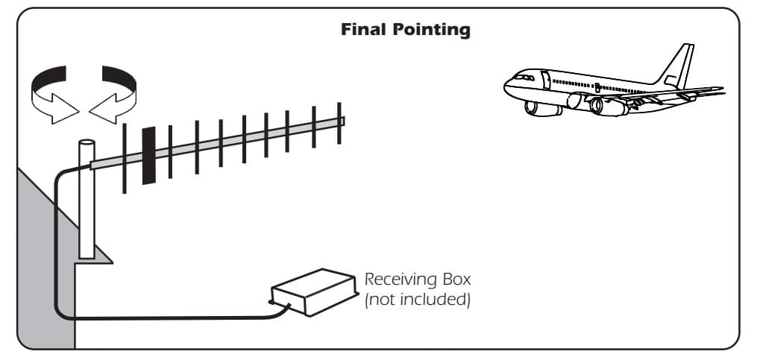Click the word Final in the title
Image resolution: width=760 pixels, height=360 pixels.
364,30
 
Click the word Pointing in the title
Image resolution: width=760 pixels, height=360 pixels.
431,31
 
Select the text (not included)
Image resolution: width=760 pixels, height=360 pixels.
418,300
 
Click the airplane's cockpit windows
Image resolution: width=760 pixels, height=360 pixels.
524,77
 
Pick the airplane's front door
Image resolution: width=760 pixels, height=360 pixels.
546,80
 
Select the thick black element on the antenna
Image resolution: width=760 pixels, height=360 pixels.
149,155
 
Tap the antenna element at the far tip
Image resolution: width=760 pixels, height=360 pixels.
339,123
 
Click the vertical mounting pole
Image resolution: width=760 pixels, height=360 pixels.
87,199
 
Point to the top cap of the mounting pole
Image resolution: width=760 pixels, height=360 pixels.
87,142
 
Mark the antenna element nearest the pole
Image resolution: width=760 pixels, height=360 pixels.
125,159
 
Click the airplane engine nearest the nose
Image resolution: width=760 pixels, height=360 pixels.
543,109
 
